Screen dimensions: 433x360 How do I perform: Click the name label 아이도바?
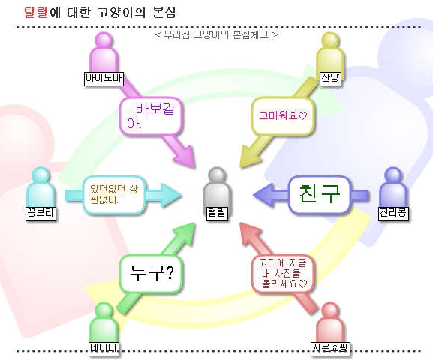(x=104, y=78)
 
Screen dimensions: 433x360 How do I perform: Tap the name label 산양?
(x=330, y=78)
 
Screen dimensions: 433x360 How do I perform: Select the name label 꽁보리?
(x=41, y=213)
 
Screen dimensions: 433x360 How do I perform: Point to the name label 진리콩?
(x=393, y=213)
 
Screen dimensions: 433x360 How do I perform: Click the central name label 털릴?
(x=217, y=213)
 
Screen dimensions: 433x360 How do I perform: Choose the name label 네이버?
(x=104, y=348)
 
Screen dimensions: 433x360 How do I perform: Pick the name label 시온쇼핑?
(x=330, y=348)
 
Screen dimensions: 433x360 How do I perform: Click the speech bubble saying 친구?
(x=320, y=195)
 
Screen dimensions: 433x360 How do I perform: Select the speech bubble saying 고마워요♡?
(x=283, y=116)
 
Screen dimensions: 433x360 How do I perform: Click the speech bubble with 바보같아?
(x=151, y=116)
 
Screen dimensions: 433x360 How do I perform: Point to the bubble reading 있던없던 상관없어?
(x=114, y=195)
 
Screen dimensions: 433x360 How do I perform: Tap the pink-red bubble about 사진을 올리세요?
(x=283, y=273)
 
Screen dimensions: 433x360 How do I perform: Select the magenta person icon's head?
(x=104, y=40)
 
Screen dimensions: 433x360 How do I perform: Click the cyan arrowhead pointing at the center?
(x=170, y=195)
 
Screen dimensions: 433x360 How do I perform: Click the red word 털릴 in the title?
(x=36, y=13)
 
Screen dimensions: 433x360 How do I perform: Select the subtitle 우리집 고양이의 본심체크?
(x=217, y=35)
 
